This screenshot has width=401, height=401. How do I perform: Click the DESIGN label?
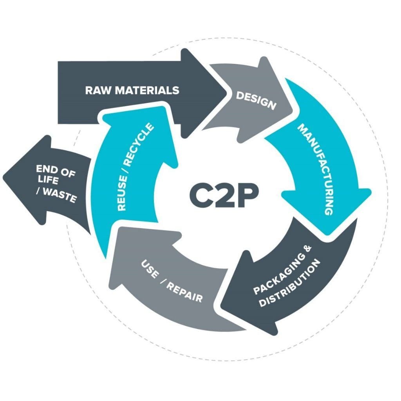point(255,100)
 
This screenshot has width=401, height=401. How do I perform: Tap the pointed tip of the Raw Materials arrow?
point(227,91)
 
